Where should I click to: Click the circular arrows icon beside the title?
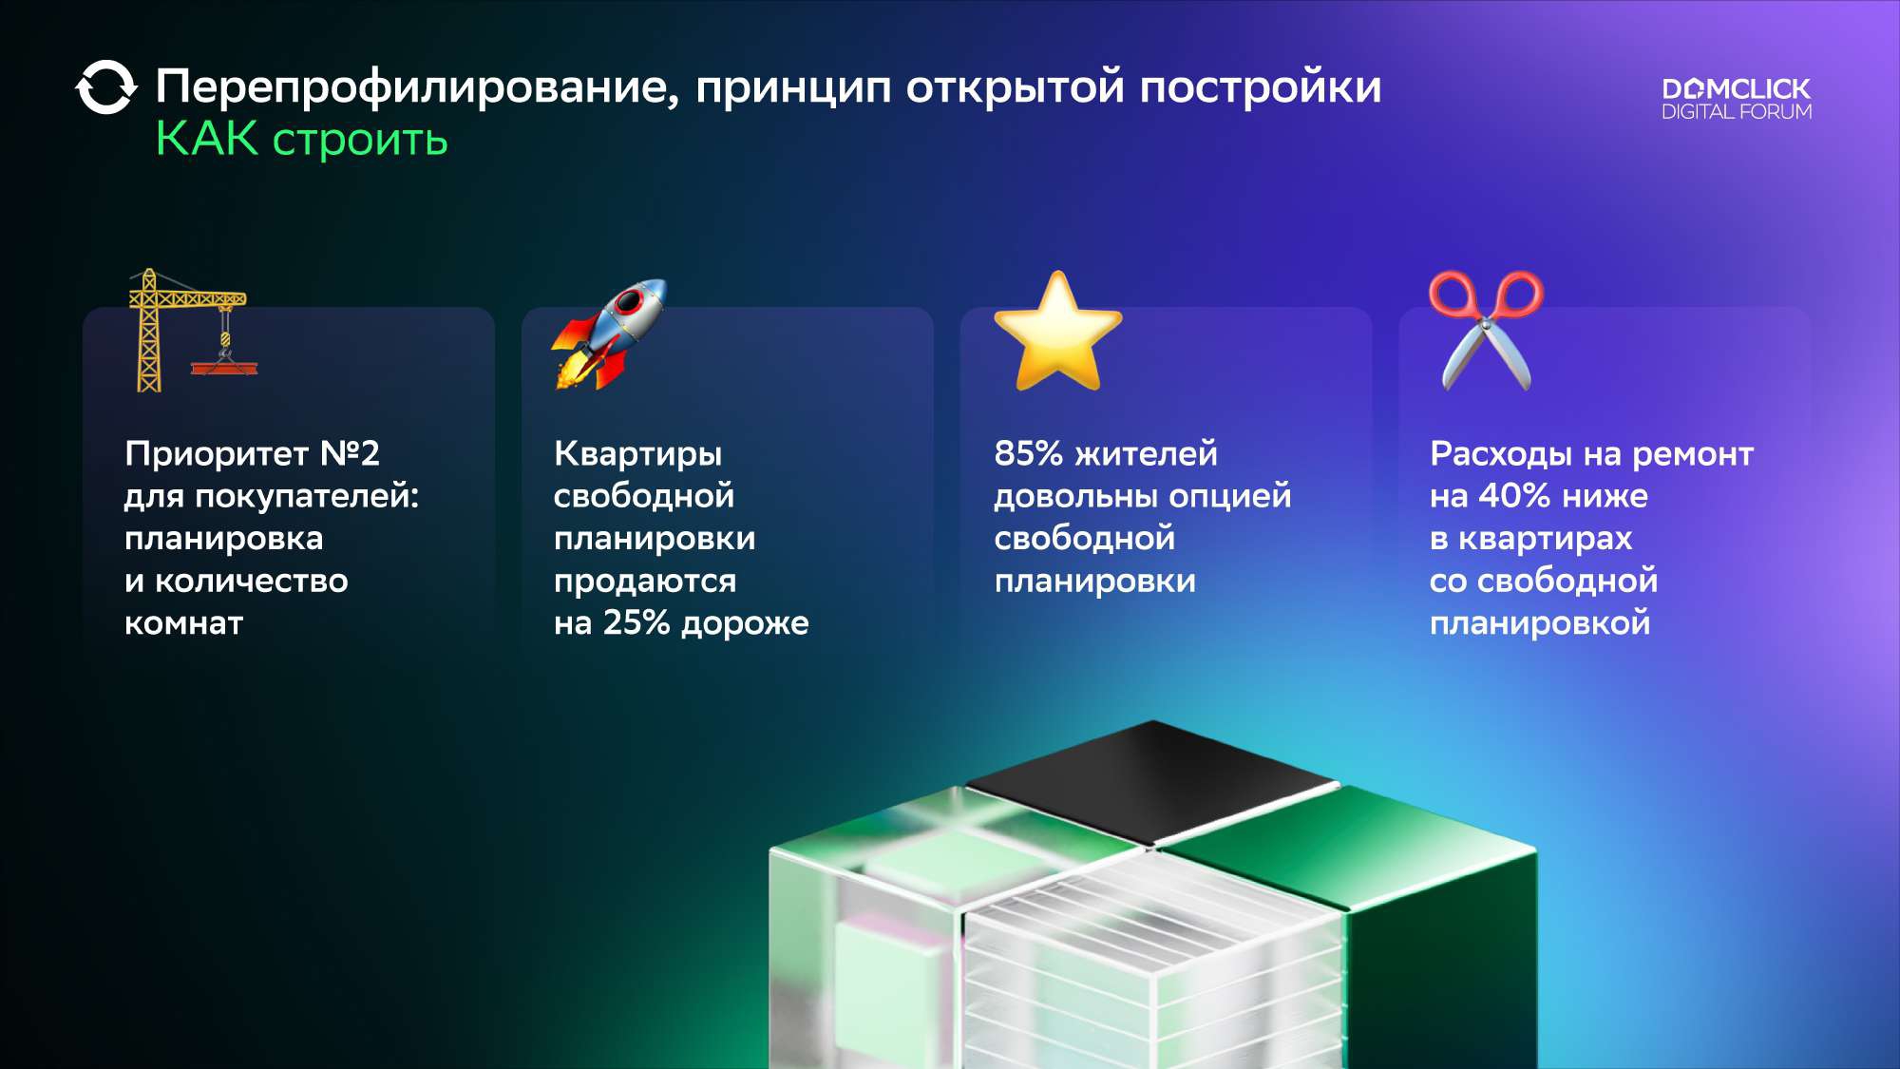click(105, 87)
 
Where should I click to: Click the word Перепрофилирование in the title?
click(418, 88)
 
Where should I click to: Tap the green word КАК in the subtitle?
click(207, 139)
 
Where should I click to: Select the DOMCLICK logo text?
click(1737, 89)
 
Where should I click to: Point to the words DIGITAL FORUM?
click(1737, 111)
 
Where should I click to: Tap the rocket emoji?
click(609, 334)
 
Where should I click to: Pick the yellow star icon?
click(1057, 332)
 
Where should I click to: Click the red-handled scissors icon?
click(1487, 330)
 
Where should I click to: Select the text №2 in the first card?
click(350, 453)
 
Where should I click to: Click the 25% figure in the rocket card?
click(636, 622)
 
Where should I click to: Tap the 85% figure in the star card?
click(1028, 453)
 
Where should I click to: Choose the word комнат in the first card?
click(184, 624)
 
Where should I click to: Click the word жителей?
click(1146, 454)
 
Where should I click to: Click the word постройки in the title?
click(1261, 88)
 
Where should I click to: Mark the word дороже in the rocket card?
click(746, 624)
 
